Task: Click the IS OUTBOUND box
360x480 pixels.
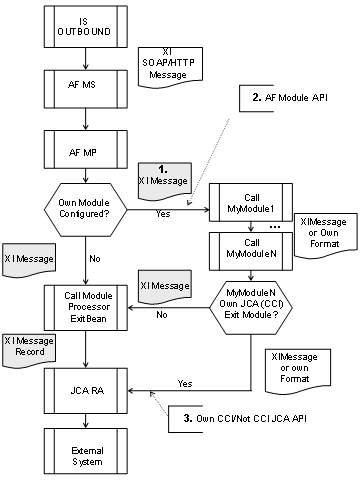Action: coord(87,26)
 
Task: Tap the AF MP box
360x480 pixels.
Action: coord(87,152)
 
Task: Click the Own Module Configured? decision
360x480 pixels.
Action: coord(88,210)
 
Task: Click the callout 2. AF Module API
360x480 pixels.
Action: coord(284,97)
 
